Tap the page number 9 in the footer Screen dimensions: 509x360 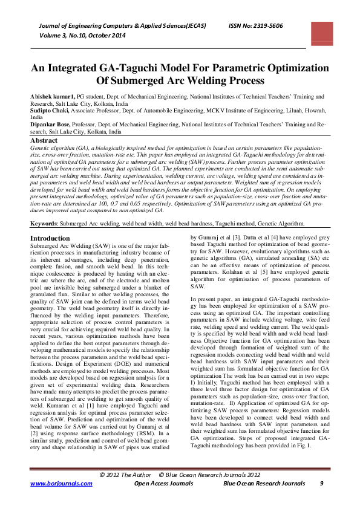pyautogui.click(x=322, y=484)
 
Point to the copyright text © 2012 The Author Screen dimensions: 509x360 pyautogui.click(x=125, y=475)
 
